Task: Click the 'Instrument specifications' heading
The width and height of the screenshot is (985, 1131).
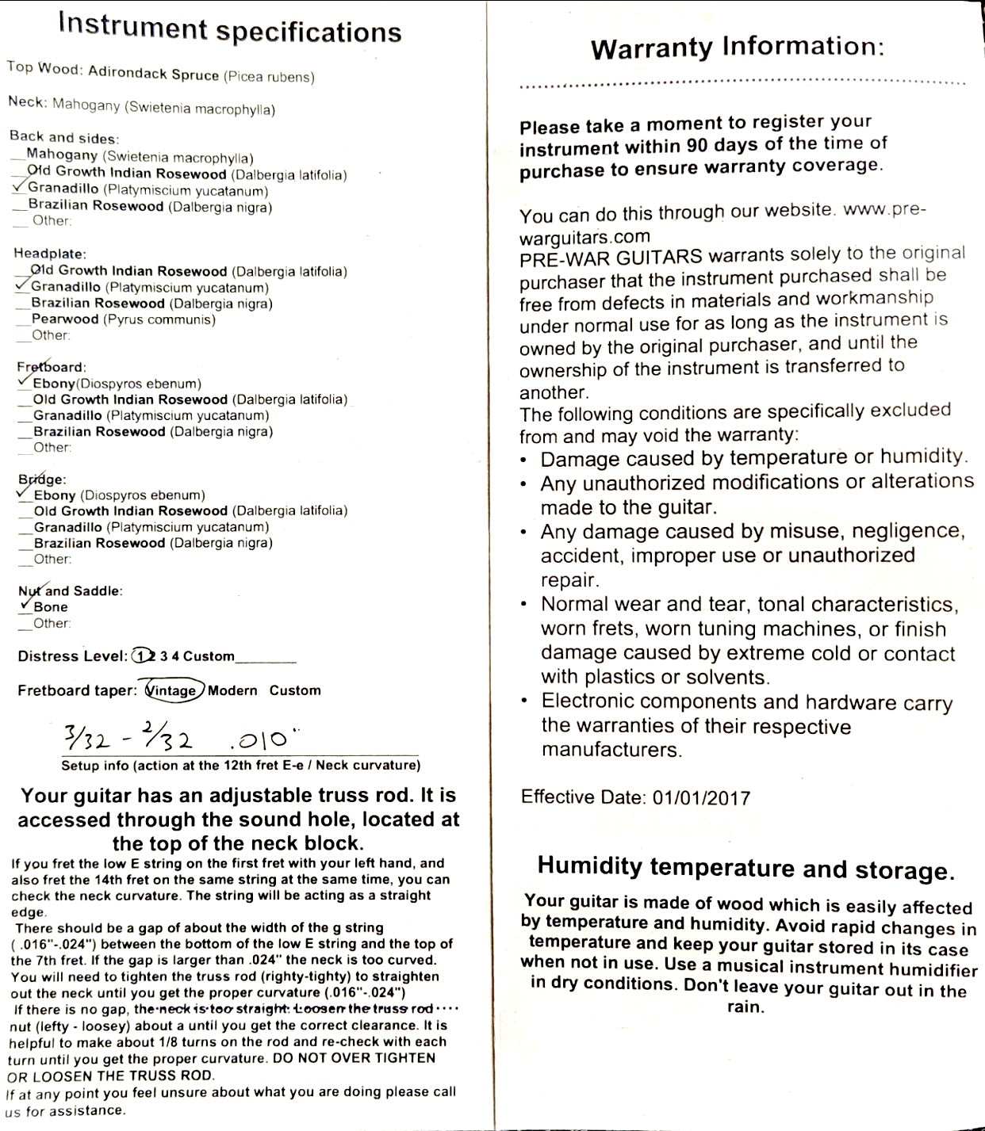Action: (230, 29)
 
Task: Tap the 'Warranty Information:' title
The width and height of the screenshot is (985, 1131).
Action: (737, 48)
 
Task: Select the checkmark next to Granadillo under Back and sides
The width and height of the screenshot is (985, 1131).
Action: (19, 187)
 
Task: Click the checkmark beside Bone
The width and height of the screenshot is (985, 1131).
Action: (26, 604)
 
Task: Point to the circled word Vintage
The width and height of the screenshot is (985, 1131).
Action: (172, 690)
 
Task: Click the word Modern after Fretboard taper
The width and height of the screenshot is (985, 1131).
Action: (232, 690)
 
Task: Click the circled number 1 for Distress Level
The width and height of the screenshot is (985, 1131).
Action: (141, 655)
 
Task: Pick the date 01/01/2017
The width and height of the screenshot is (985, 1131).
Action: (700, 797)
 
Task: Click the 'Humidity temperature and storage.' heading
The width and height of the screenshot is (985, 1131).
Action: (745, 867)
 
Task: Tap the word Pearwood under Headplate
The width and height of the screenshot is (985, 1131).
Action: (65, 319)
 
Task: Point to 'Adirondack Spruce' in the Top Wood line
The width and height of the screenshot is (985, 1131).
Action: (154, 75)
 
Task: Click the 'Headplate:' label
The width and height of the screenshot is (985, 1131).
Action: (49, 254)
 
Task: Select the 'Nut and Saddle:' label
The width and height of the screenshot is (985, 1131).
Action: (70, 590)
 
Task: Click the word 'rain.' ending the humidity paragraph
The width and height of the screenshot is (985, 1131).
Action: (745, 1007)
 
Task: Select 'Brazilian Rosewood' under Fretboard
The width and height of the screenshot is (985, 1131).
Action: (99, 432)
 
